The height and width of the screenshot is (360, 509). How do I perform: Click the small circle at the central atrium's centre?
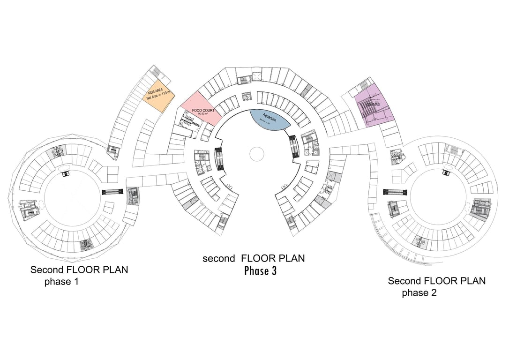click(257, 153)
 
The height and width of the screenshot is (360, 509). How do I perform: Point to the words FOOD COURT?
click(203, 111)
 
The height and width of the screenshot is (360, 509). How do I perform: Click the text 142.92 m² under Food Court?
click(202, 114)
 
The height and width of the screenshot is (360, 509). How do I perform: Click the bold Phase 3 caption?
click(260, 270)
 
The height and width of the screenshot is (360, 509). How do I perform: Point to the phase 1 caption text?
click(61, 282)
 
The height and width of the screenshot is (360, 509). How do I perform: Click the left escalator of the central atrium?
click(218, 159)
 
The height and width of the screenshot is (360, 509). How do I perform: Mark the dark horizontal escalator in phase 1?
click(112, 191)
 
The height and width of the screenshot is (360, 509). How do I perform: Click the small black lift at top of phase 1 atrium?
click(66, 173)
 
